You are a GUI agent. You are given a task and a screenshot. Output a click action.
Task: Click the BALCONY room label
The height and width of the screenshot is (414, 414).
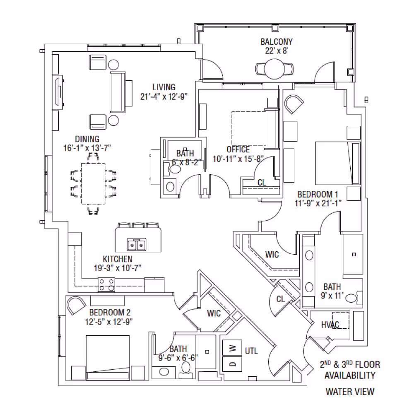(x=277, y=42)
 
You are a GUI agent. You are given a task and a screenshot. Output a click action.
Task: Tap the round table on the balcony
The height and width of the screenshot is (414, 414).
(x=274, y=69)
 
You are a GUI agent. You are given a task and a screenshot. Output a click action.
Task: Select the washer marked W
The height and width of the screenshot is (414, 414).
(x=232, y=348)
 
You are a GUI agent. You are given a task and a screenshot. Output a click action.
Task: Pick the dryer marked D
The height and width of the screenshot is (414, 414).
(x=232, y=364)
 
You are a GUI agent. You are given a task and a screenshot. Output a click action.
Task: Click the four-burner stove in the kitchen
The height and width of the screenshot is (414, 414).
(x=106, y=285)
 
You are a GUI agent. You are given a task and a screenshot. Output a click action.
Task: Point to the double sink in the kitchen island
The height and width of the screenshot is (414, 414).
(x=137, y=245)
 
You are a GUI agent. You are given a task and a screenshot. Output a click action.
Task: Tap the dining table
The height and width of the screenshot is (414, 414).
(x=93, y=184)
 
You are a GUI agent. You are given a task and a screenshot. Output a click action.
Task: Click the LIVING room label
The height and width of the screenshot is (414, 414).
(x=164, y=87)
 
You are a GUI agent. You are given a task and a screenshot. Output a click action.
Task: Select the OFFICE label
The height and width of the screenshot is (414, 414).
(x=238, y=149)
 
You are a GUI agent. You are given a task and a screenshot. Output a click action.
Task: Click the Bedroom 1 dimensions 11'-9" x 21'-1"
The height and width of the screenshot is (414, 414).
(x=318, y=203)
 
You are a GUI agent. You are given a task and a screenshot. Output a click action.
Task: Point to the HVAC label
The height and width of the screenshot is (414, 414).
(x=330, y=325)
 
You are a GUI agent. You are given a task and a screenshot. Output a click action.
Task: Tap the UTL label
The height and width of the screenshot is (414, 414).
(x=251, y=351)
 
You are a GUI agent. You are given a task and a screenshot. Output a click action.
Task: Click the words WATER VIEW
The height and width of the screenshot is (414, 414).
(x=350, y=392)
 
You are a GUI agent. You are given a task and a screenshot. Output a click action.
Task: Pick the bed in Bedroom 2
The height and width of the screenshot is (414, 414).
(x=108, y=358)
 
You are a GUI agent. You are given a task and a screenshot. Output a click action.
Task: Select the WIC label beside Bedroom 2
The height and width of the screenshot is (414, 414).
(x=214, y=313)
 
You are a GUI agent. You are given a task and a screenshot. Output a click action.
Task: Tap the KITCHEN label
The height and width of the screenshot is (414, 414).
(x=118, y=259)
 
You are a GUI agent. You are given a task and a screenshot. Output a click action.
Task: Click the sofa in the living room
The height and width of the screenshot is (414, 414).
(x=118, y=92)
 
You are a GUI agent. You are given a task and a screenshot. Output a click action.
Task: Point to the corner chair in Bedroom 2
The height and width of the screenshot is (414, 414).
(x=75, y=305)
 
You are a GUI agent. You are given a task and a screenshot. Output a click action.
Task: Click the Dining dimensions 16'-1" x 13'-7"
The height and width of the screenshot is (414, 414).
(x=87, y=148)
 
